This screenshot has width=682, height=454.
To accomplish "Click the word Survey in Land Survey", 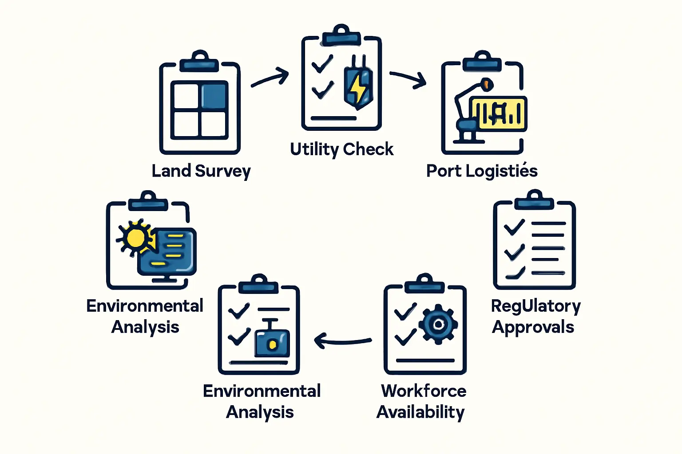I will tap(223, 171).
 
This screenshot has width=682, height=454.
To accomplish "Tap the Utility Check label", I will tap(341, 149).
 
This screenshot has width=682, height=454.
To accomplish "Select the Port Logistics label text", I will tap(482, 171).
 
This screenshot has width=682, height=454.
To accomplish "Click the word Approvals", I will tap(533, 327).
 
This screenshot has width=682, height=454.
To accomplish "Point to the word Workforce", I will tap(424, 391).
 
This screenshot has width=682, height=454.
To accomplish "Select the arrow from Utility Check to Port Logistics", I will tap(408, 79).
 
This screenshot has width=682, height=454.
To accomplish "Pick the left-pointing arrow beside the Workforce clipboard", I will tap(342, 340).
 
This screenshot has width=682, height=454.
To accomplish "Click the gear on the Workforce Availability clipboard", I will tap(438, 324).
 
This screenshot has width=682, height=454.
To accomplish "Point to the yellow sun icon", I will tap(135, 237).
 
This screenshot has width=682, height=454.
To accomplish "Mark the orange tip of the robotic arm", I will tap(487, 83).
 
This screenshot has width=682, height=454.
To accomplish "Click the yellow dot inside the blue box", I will tap(273, 344).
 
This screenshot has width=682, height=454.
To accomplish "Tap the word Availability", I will tap(420, 412).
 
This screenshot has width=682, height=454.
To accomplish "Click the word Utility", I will tap(314, 149).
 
